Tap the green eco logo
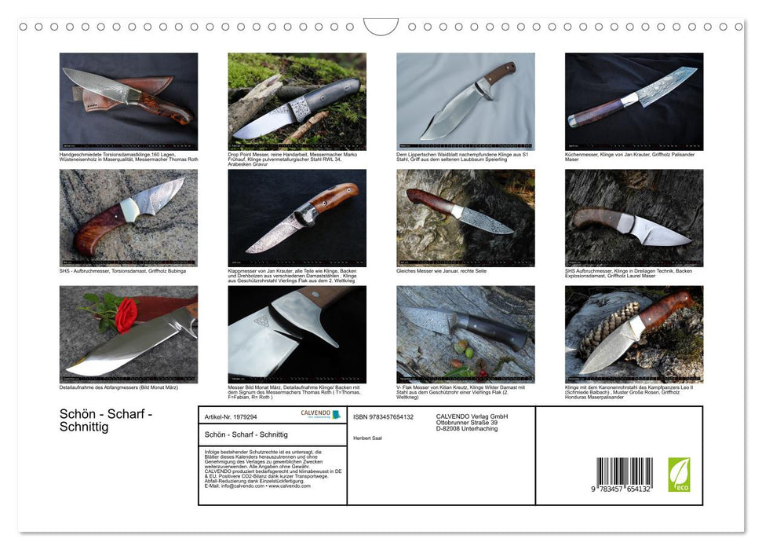pyautogui.click(x=679, y=475)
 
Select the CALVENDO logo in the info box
pyautogui.click(x=320, y=414)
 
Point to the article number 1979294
pyautogui.click(x=230, y=416)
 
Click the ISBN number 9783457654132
pyautogui.click(x=383, y=416)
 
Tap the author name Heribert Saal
pyautogui.click(x=369, y=437)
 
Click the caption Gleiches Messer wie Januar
pyautogui.click(x=443, y=270)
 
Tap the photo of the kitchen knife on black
pyautogui.click(x=633, y=101)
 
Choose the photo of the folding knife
pyautogui.click(x=297, y=218)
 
